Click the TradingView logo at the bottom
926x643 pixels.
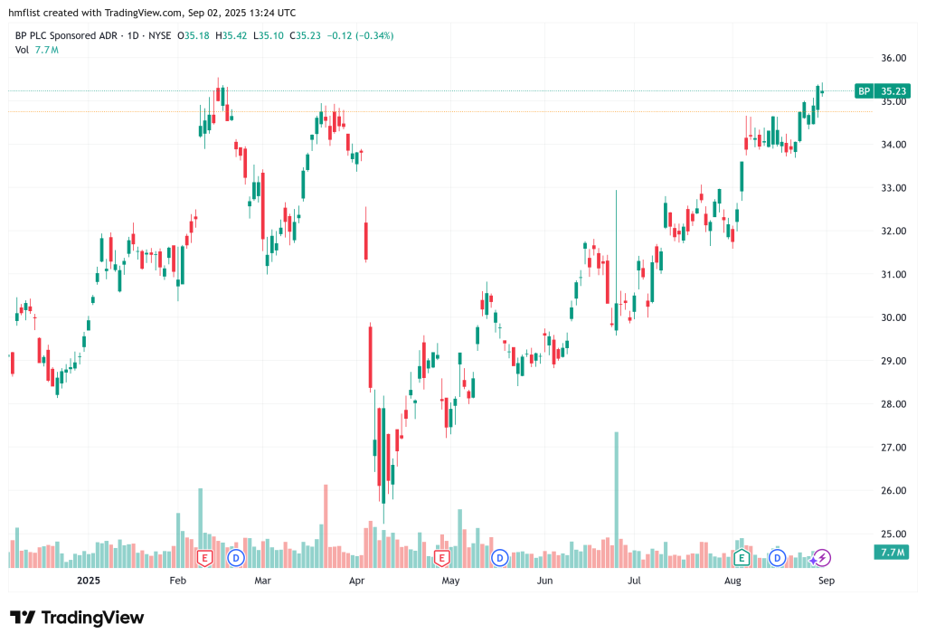[x=77, y=618]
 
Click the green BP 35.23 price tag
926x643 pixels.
[x=882, y=90]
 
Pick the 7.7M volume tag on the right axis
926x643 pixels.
[x=892, y=552]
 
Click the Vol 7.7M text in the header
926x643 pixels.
[x=37, y=49]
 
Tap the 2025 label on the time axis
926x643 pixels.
[x=88, y=581]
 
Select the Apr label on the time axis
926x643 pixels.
[x=358, y=581]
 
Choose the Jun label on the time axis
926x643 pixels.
[x=544, y=581]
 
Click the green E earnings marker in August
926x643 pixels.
[x=742, y=557]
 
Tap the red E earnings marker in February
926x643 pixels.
[x=204, y=557]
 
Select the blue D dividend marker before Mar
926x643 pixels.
[x=236, y=557]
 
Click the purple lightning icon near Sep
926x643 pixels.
[x=823, y=557]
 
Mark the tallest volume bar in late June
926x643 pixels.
[x=616, y=497]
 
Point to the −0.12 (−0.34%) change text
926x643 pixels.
[x=361, y=35]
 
